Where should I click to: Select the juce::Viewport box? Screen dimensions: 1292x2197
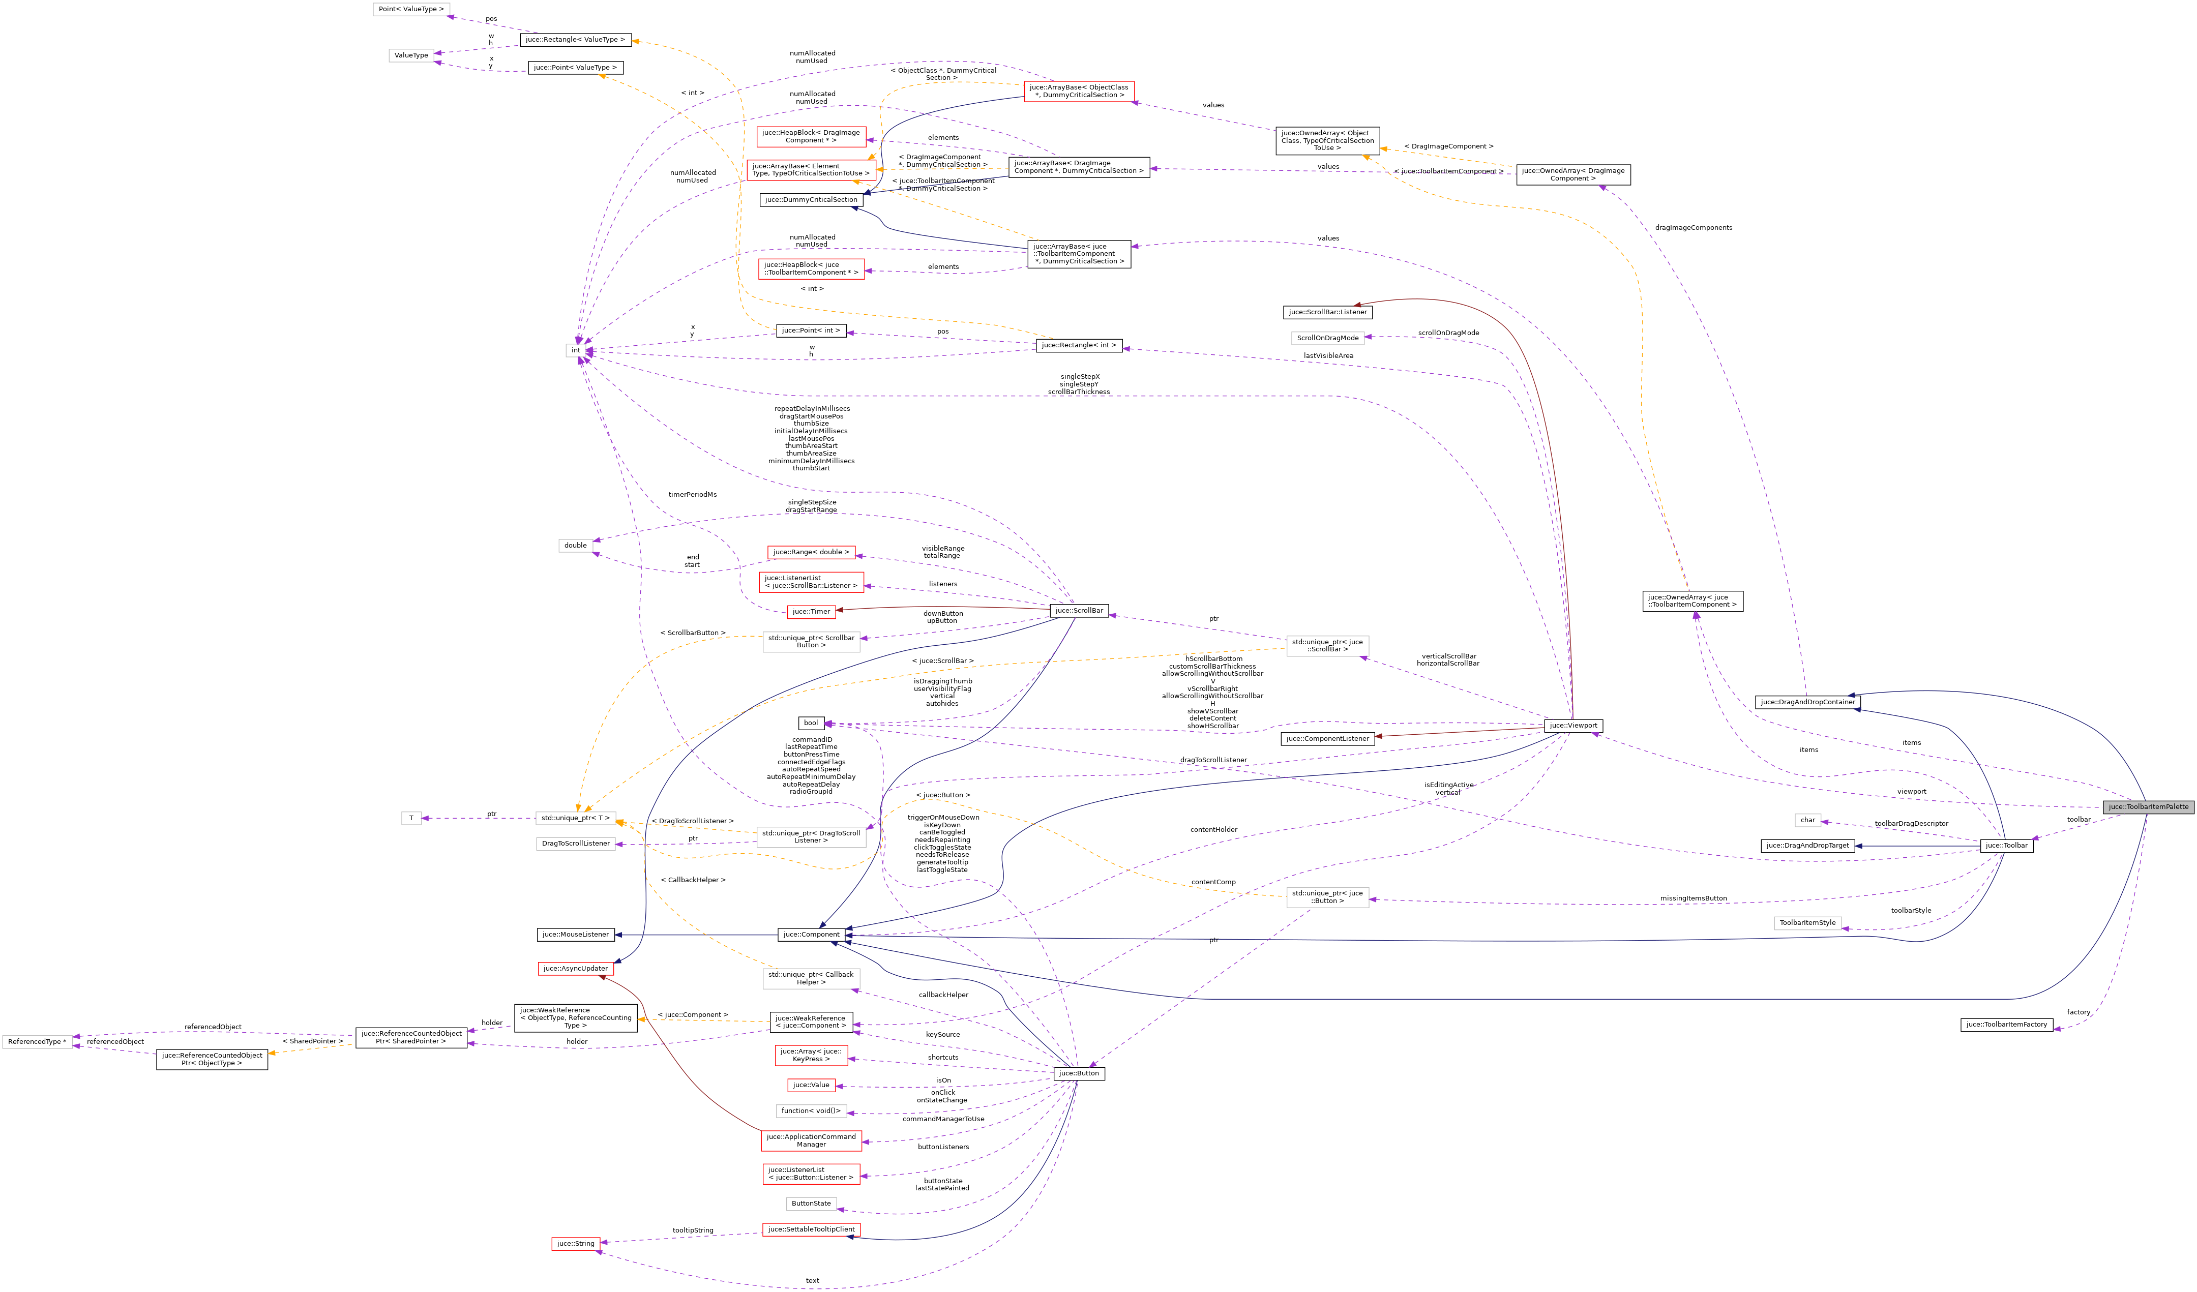coord(1573,726)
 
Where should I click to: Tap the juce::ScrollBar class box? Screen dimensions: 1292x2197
coord(1079,610)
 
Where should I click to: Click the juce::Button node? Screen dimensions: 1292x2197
coord(1079,1073)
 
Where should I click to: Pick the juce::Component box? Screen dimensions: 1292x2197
coord(810,935)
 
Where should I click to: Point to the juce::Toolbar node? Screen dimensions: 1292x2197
coord(2006,846)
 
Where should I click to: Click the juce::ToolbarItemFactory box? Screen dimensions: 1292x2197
coord(2006,1025)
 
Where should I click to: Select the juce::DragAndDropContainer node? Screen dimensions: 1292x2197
coord(1807,702)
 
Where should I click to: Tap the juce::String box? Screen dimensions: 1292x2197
coord(575,1244)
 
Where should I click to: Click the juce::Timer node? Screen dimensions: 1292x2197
coord(811,611)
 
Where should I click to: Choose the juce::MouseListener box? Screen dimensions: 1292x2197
coord(575,935)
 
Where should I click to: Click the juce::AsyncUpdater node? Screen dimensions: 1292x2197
coord(575,969)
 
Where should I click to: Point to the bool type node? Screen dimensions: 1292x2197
coord(811,723)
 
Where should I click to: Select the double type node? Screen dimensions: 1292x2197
coord(575,546)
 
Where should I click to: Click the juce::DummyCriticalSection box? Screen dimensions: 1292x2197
coord(811,200)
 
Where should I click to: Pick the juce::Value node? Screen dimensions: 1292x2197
coord(811,1086)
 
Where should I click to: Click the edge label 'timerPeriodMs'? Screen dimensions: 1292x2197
coord(692,494)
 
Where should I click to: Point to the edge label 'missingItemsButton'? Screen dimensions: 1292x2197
coord(1693,898)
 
